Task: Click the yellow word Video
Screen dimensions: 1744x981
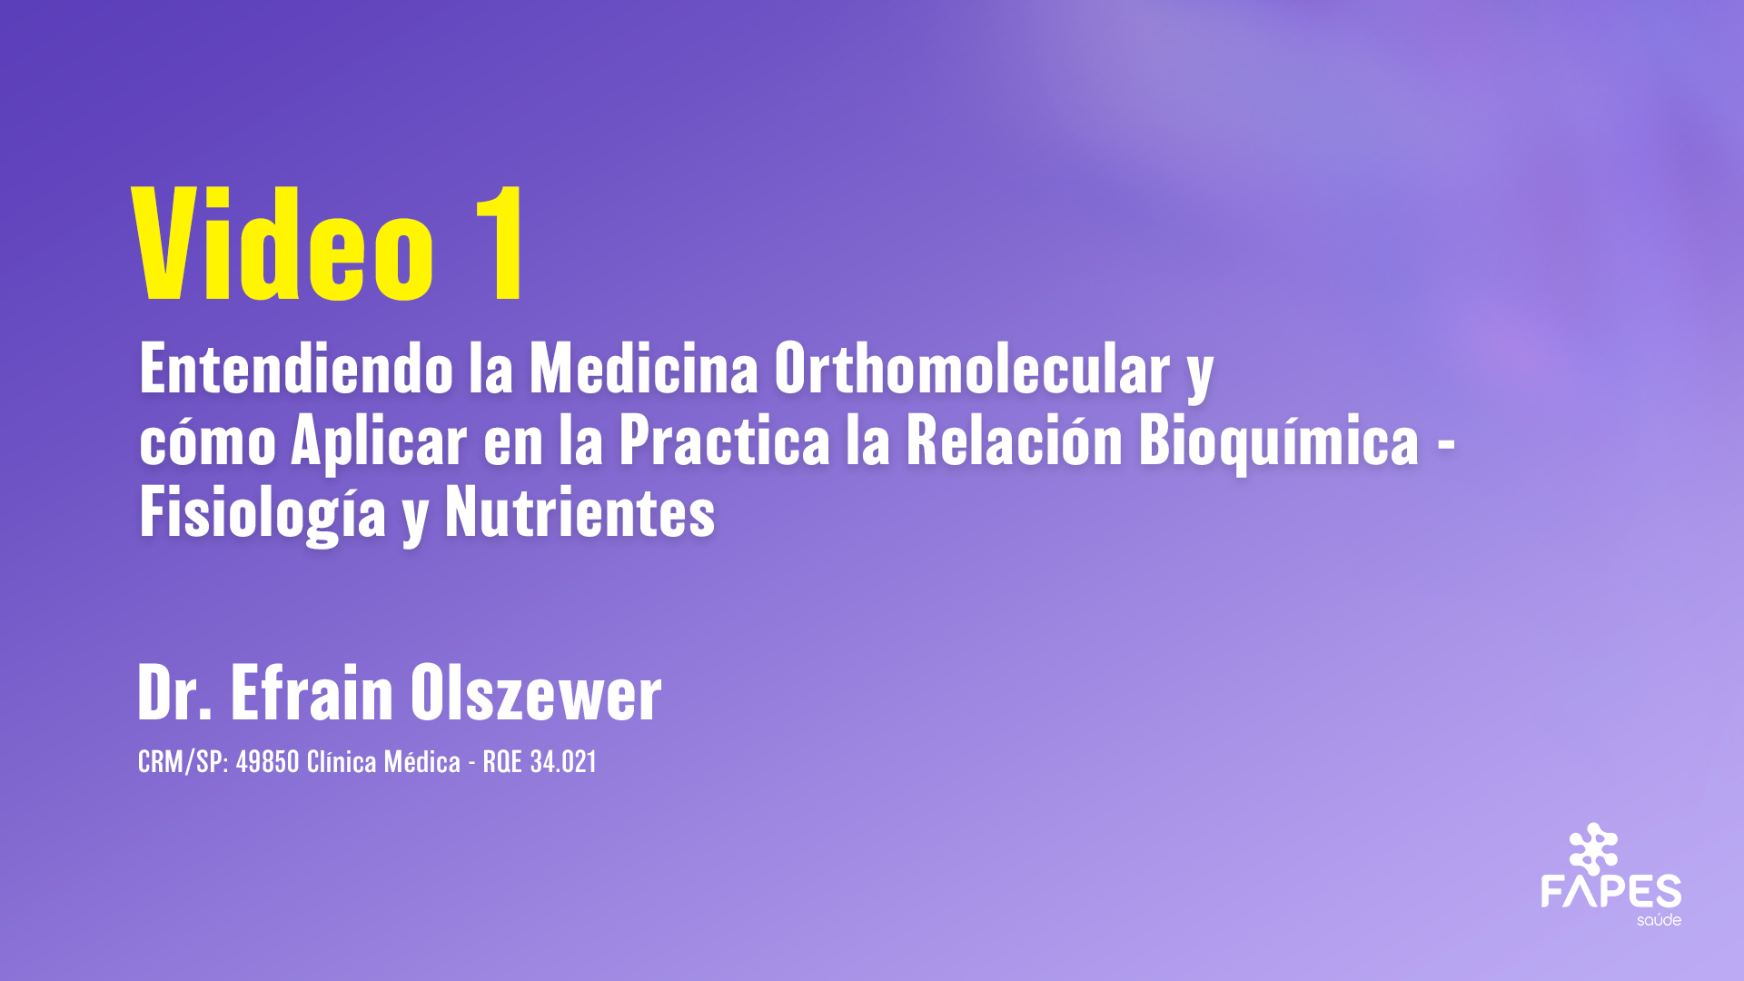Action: (x=283, y=243)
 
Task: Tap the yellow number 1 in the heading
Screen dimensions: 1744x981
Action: (x=498, y=243)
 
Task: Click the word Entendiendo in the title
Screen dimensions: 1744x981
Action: (x=296, y=369)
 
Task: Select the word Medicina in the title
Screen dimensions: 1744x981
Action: (x=643, y=369)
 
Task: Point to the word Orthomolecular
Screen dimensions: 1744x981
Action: (x=971, y=369)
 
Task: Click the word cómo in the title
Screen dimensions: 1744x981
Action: (x=207, y=441)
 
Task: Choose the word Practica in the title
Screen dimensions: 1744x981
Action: (x=724, y=441)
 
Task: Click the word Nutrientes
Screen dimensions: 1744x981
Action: (x=580, y=512)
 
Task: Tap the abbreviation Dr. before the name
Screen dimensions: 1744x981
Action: (x=174, y=693)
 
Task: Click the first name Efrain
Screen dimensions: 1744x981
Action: (x=312, y=693)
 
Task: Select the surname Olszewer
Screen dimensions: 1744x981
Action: (x=536, y=693)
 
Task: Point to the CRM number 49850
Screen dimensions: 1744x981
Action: (x=267, y=761)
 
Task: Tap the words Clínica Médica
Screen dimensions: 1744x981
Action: (x=383, y=761)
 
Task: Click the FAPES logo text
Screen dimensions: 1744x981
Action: (x=1610, y=891)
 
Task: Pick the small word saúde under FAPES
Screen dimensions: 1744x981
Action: (x=1659, y=920)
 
